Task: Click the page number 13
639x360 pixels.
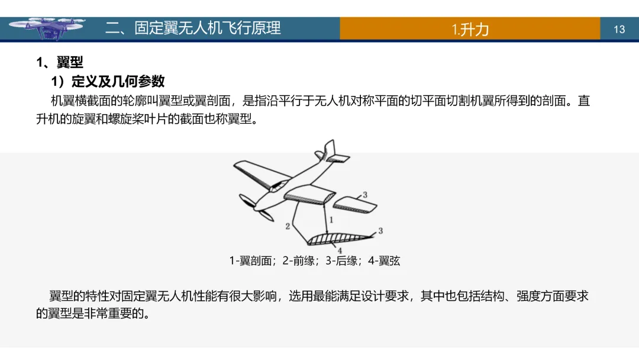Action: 619,29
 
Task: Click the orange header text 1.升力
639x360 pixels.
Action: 470,29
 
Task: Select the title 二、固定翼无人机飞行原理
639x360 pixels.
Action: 193,28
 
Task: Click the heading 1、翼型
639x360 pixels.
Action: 60,62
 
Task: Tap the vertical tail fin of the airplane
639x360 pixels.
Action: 328,150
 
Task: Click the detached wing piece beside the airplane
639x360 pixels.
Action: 355,204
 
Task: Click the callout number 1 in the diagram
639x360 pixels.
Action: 331,219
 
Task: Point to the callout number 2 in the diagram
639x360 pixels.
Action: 288,226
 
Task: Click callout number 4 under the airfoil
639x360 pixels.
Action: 340,250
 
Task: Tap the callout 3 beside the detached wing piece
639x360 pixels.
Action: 365,194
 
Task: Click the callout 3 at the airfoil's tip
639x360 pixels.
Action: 380,230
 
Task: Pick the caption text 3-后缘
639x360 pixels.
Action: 343,261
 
